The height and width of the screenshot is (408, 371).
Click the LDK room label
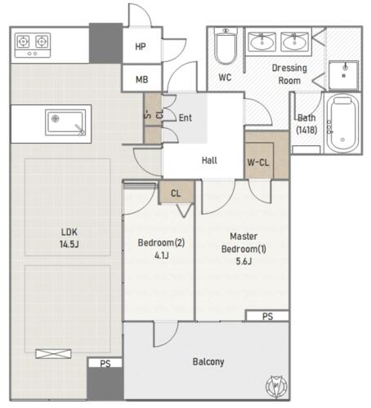pos(69,232)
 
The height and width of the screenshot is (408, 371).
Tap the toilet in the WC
pos(226,46)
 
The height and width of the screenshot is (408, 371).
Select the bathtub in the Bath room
pos(342,123)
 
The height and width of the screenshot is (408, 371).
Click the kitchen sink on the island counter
pos(65,122)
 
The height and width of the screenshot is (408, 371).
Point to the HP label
pos(141,47)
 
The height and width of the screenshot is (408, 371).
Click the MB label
pos(142,79)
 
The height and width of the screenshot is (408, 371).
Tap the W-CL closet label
pos(258,162)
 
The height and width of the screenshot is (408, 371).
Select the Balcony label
pos(208,361)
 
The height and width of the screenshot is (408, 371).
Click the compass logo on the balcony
pos(276,385)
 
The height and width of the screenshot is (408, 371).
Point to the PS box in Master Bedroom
pos(267,316)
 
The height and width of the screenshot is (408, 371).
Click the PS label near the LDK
pos(105,363)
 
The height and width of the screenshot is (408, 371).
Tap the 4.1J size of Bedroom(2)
pos(162,255)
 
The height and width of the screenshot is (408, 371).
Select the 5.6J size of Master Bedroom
pos(244,261)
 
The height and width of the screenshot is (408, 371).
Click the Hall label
pos(209,160)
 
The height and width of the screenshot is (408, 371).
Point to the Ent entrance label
pos(185,118)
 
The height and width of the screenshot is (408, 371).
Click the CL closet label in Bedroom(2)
pos(176,193)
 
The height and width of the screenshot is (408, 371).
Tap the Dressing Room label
pos(289,74)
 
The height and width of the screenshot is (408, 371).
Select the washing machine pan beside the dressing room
pos(344,75)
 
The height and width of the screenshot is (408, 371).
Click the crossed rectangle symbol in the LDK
pos(53,354)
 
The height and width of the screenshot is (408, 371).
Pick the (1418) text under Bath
pos(306,130)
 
